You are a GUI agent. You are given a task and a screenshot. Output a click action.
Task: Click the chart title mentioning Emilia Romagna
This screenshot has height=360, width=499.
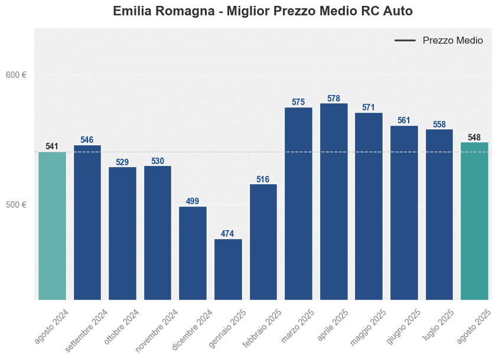(262, 11)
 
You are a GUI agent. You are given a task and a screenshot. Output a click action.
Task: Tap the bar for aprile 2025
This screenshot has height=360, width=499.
(334, 201)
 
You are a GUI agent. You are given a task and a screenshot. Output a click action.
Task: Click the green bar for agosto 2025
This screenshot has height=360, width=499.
(474, 221)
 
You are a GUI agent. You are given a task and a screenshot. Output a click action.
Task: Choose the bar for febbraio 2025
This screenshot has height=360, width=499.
(263, 242)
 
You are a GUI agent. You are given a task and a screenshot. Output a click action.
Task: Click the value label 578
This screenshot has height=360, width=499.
(334, 99)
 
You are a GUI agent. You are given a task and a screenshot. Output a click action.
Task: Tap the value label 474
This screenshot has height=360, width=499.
(228, 234)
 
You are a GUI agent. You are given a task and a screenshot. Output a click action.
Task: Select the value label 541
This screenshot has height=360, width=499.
(52, 146)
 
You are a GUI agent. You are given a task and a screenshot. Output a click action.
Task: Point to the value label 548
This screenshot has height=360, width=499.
(474, 138)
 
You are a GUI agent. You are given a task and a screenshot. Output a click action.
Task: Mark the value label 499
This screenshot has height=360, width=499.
(193, 201)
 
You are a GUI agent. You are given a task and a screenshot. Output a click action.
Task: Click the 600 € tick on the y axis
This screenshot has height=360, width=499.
(17, 75)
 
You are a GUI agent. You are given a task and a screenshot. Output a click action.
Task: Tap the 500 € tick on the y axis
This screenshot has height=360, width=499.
(17, 205)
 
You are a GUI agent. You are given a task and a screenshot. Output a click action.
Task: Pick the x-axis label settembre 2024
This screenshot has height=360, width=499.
(87, 330)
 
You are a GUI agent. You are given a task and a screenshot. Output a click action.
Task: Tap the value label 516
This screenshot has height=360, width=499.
(263, 179)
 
